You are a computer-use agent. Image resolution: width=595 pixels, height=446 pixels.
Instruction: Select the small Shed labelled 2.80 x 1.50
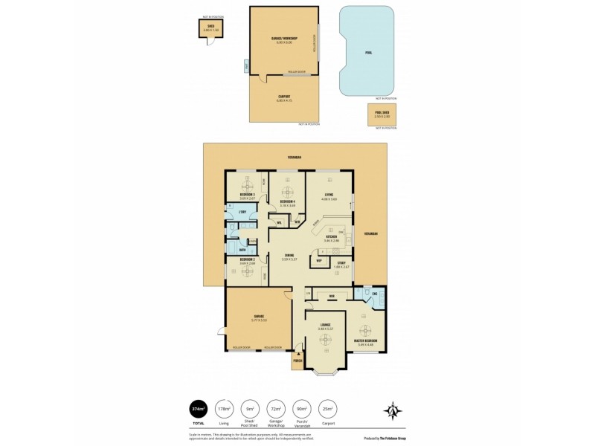pos(209,29)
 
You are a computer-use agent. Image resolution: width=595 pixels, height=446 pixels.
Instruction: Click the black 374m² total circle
pos(199,409)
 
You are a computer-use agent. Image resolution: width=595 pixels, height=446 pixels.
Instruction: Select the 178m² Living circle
pos(223,409)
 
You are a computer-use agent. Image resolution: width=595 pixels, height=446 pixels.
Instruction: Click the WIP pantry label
pos(319,261)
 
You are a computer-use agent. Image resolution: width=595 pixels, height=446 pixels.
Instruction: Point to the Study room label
pos(341,262)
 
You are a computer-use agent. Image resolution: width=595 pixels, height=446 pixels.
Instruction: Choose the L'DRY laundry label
pos(242,212)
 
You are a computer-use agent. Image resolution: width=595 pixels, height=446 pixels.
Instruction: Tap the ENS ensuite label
pos(376,294)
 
